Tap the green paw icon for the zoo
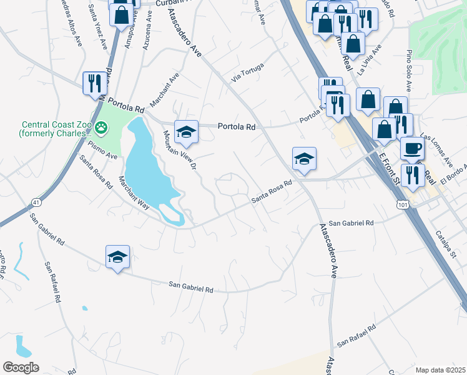tap(102, 128)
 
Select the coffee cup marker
tap(412, 149)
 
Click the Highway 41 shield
tap(36, 201)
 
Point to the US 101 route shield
tap(401, 204)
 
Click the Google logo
tap(21, 367)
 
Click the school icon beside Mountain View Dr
tap(186, 132)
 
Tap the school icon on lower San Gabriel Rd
tap(117, 257)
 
